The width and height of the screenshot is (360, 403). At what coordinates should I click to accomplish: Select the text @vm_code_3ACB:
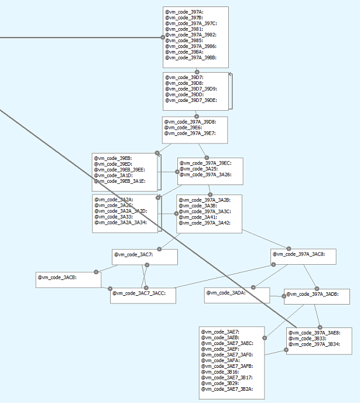point(57,277)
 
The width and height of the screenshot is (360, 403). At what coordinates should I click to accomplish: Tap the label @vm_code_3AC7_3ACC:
point(139,293)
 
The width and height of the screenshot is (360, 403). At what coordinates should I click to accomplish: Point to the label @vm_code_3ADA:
point(226,293)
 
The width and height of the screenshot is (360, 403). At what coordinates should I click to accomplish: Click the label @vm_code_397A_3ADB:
point(313,294)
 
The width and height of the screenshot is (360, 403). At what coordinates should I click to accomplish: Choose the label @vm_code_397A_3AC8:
point(299,254)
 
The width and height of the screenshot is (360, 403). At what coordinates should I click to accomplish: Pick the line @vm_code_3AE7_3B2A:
point(227,389)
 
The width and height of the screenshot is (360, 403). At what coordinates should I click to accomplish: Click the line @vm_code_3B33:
point(307,339)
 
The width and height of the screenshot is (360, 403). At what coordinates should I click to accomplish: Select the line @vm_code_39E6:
point(183,128)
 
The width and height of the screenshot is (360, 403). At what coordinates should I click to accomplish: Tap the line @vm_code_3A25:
point(198,169)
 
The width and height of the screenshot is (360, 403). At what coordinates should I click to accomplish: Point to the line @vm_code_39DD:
point(184,94)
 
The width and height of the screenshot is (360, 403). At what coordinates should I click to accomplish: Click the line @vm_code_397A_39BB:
point(191,58)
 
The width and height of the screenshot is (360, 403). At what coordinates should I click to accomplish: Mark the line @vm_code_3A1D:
point(113,176)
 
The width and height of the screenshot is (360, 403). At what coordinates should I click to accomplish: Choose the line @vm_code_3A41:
point(198,217)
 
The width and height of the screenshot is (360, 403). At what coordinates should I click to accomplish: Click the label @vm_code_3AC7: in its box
point(133,255)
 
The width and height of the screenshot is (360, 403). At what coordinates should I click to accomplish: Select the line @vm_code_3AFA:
point(220,360)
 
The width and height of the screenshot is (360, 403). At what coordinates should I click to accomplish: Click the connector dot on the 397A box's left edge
point(163,37)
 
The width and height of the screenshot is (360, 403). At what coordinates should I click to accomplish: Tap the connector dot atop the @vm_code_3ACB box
point(96,272)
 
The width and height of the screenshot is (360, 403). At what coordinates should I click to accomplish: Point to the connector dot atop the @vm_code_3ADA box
point(253,287)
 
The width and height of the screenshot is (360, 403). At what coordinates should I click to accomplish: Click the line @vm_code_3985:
point(184,40)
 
